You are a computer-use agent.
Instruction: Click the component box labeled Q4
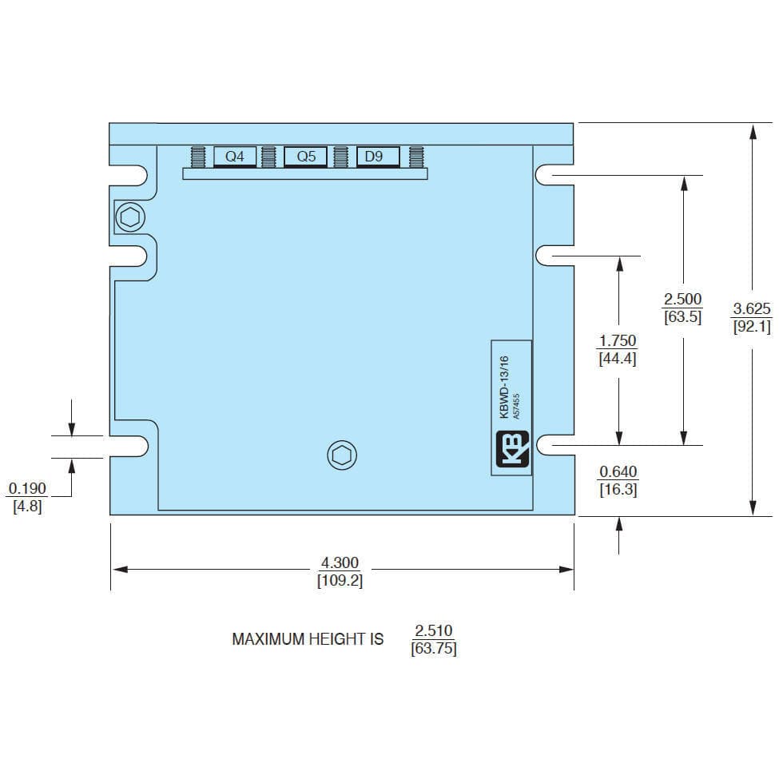[235, 157]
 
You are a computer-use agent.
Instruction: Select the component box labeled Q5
[305, 157]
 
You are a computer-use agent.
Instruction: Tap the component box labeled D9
[378, 157]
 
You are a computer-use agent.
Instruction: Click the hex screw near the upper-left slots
[130, 217]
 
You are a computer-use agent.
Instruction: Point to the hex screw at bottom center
[342, 455]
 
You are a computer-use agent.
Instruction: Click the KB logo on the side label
[512, 449]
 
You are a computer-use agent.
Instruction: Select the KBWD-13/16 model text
[504, 387]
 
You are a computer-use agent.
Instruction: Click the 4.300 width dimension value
[340, 562]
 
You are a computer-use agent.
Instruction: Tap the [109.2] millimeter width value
[340, 580]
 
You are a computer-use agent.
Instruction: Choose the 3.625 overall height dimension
[752, 308]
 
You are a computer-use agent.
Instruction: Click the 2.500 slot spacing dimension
[683, 299]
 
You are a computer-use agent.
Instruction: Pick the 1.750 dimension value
[618, 341]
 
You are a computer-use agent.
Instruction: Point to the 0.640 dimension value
[618, 471]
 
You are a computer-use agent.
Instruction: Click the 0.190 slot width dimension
[27, 488]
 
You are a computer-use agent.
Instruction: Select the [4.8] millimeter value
[27, 507]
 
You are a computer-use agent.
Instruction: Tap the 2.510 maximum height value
[434, 630]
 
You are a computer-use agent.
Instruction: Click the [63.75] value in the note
[434, 648]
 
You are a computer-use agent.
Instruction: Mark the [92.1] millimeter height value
[752, 327]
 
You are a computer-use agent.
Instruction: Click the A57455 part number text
[516, 407]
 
